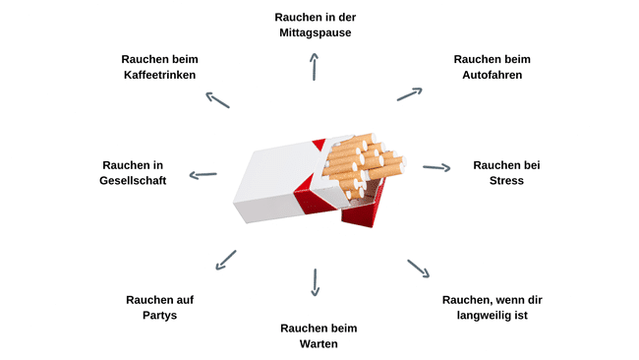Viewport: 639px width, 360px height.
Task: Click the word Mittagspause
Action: pos(315,33)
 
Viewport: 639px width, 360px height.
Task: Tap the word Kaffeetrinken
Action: pos(159,75)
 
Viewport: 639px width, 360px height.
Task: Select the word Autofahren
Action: pos(492,75)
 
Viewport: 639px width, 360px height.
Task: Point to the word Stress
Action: pos(506,181)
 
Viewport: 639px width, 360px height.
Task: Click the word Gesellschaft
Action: pos(133,181)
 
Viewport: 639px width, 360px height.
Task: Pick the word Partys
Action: pos(159,316)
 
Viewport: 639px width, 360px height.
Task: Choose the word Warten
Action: pos(319,344)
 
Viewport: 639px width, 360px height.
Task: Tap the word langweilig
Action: pos(485,316)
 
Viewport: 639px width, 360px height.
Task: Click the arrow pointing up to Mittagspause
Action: pos(314,67)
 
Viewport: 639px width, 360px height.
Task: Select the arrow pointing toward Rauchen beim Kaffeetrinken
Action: pos(217,100)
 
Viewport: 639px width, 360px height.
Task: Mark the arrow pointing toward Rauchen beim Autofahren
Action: pos(410,94)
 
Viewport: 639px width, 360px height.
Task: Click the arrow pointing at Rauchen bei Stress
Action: pos(436,167)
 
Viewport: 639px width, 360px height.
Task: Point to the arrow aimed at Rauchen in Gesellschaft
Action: pos(203,175)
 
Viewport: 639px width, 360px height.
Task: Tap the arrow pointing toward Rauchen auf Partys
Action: pos(226,260)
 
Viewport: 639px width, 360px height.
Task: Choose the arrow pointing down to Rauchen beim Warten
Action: pos(315,282)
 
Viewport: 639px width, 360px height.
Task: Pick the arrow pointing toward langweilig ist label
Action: pos(419,269)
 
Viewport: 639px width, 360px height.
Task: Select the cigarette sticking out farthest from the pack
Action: pos(386,168)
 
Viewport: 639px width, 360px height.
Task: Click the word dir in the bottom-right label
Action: pos(534,300)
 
